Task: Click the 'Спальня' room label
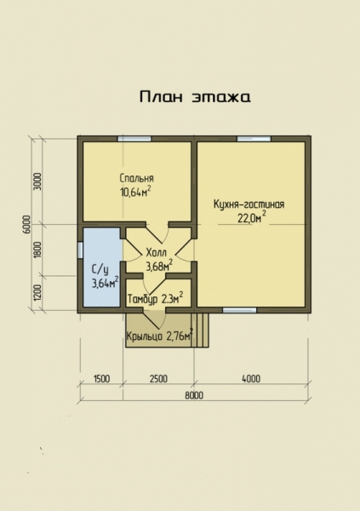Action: pyautogui.click(x=136, y=179)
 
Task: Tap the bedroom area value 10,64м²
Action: pyautogui.click(x=136, y=192)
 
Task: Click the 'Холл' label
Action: pyautogui.click(x=157, y=253)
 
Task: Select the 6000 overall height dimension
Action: pyautogui.click(x=27, y=224)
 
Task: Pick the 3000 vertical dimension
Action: pyautogui.click(x=38, y=181)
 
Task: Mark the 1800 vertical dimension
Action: pyautogui.click(x=38, y=250)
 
